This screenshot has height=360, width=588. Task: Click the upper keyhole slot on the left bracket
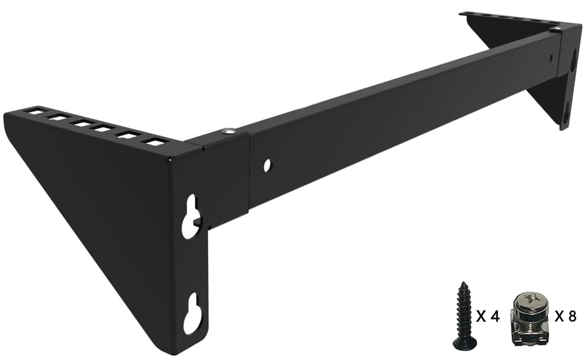pos(191,216)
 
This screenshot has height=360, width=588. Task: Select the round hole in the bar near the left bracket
pos(267,165)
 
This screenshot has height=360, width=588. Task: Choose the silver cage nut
pos(527,317)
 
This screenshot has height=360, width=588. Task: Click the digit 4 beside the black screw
pos(495,317)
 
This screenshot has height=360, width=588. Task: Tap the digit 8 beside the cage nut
pos(572,317)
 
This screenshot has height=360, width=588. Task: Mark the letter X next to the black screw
pos(482,317)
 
